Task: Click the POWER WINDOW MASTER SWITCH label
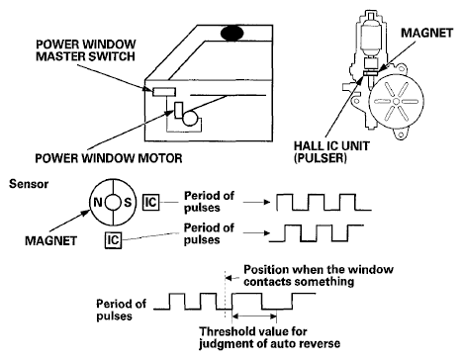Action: point(86,50)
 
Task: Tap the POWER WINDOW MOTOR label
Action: point(109,158)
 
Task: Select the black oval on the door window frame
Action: point(232,33)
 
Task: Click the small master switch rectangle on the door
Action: point(164,92)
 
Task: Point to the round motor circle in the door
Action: point(190,118)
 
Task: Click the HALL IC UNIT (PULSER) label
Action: point(331,152)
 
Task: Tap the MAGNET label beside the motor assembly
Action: point(427,33)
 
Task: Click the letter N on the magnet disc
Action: point(98,202)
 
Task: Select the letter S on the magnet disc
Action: point(128,202)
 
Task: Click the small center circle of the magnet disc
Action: point(113,202)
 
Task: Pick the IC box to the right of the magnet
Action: point(150,202)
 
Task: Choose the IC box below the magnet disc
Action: point(113,240)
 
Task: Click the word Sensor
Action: point(29,184)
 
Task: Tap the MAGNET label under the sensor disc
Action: point(50,240)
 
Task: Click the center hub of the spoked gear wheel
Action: point(396,102)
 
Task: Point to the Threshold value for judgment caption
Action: point(270,337)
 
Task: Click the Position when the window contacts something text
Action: point(319,276)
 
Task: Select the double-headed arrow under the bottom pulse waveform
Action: point(254,316)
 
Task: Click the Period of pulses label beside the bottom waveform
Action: point(121,310)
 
